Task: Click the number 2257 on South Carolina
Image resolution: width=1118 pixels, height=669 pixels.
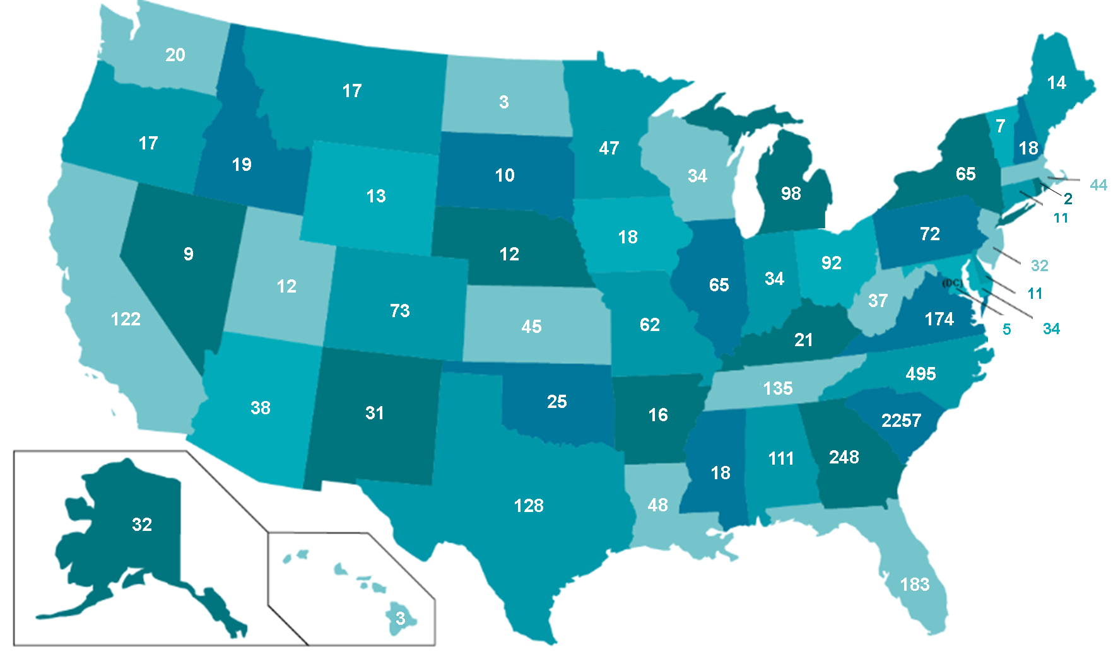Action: tap(901, 421)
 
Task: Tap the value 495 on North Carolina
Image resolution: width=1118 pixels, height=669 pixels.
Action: tap(921, 374)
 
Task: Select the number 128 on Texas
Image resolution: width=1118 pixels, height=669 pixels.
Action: tap(529, 506)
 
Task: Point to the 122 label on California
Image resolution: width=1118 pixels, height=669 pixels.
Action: tap(126, 319)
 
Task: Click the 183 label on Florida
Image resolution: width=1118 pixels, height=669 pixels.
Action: tap(914, 585)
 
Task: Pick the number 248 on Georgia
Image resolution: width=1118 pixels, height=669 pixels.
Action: tap(844, 457)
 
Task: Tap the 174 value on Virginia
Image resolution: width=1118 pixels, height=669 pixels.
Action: tap(939, 319)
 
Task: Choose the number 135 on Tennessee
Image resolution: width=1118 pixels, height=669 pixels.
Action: tap(777, 388)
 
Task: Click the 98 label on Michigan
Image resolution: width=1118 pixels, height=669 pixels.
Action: tap(791, 194)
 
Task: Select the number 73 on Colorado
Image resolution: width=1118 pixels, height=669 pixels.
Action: tap(399, 311)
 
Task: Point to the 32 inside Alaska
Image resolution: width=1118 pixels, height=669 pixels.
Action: tap(142, 525)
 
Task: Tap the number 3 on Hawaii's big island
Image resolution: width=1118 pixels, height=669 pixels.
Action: tap(400, 619)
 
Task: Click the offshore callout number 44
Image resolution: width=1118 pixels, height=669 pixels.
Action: tap(1098, 185)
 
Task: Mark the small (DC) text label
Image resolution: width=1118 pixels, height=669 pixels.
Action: tap(952, 283)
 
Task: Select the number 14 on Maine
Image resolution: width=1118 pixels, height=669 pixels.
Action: tap(1056, 83)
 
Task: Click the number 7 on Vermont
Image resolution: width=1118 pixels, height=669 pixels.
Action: tap(1000, 126)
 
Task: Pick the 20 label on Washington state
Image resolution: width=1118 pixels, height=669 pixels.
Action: tap(175, 55)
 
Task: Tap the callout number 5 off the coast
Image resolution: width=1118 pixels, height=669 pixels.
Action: tap(1006, 329)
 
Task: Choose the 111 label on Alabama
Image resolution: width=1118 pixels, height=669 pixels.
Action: tap(780, 458)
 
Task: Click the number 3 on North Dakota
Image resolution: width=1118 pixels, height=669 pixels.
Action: tap(503, 102)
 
